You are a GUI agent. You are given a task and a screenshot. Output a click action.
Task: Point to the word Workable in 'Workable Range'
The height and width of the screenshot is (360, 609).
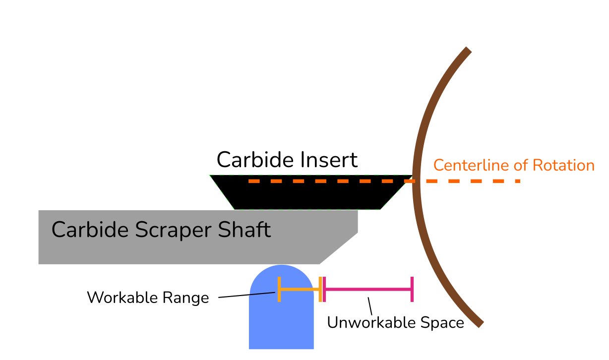(x=122, y=298)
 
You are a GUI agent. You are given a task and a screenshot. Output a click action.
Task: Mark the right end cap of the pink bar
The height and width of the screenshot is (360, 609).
(x=412, y=289)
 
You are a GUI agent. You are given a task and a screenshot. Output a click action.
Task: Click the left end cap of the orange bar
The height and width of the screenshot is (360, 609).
(x=279, y=289)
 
